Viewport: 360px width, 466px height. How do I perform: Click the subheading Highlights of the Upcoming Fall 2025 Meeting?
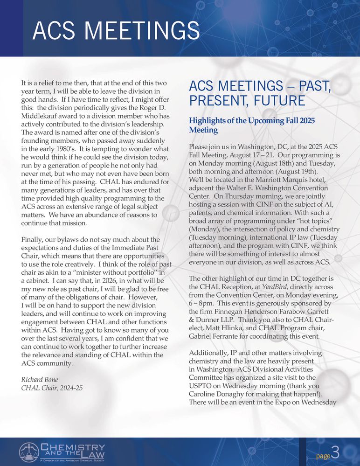coord(251,125)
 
